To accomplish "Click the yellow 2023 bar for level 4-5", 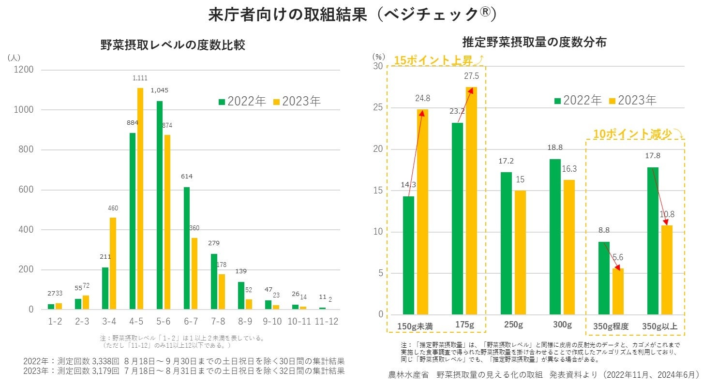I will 140,198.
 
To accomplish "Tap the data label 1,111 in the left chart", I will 140,78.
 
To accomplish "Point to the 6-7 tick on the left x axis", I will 191,322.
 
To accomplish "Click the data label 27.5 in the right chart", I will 471,76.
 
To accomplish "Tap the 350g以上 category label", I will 659,326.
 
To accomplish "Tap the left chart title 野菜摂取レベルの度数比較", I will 173,45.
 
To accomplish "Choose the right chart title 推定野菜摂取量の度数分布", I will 534,42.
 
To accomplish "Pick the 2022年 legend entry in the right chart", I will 578,101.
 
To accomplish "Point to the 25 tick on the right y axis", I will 378,108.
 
